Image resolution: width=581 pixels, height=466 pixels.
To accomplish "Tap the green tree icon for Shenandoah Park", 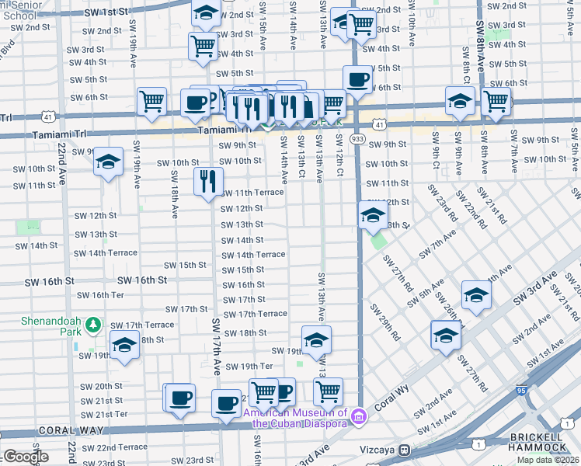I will coord(93,323).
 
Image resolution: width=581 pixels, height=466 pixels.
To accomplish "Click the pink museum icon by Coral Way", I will coord(357,417).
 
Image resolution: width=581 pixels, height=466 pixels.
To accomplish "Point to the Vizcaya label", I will coord(378,450).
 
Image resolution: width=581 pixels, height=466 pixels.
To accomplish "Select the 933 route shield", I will coord(357,138).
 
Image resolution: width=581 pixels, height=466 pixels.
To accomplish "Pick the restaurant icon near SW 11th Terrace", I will coord(208,182).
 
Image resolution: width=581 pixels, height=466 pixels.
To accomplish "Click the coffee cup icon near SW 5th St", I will coord(358,79).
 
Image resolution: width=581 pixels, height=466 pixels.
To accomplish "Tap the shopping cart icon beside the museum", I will coord(329,391).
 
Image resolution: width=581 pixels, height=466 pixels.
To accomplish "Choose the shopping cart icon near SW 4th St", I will coord(204,45).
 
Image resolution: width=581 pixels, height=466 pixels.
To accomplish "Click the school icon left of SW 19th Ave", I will coord(108,162).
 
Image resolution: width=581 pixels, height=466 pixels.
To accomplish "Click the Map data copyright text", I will coord(548,460).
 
